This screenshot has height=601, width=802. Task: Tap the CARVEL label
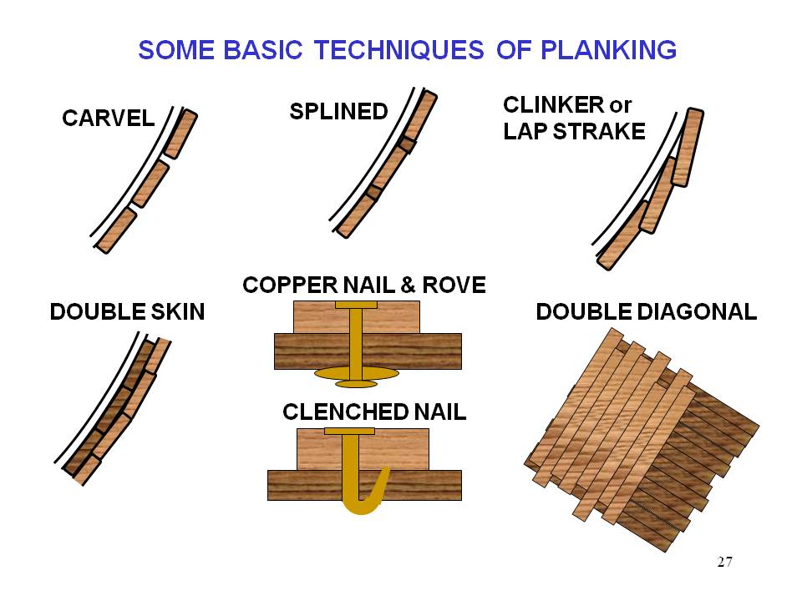(x=109, y=119)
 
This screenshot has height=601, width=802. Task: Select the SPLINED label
(x=338, y=111)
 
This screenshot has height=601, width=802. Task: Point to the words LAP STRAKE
(x=574, y=131)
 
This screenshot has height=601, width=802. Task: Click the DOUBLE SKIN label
(x=127, y=312)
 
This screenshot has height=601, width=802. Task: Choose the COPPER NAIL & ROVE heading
(x=363, y=285)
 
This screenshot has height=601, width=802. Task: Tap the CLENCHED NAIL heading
(x=374, y=412)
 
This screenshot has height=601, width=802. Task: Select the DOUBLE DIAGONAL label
(x=646, y=312)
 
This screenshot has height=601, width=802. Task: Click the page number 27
(x=724, y=561)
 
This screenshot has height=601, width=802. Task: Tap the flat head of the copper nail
(x=356, y=305)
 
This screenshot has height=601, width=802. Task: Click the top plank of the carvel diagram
(x=180, y=134)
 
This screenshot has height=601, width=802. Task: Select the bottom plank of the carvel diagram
(x=115, y=230)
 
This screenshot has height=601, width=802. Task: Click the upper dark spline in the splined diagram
(x=406, y=144)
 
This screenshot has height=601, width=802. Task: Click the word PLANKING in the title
(x=609, y=50)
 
